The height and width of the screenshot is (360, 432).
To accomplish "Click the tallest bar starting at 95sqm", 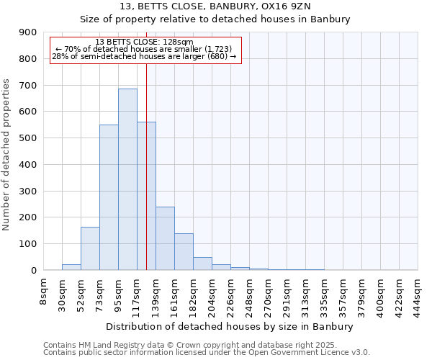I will point(127,179).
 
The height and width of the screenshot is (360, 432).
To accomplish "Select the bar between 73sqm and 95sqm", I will point(109,197).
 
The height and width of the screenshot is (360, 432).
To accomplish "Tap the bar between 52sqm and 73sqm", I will point(90,248).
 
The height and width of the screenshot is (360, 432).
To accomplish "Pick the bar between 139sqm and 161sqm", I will point(165,238).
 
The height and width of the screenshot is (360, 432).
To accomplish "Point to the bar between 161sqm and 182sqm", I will point(184,252).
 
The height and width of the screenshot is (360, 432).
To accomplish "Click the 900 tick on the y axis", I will point(28,32).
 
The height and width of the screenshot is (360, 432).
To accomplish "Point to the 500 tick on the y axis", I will point(28,138).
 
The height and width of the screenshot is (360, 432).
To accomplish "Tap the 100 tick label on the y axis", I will point(28,244).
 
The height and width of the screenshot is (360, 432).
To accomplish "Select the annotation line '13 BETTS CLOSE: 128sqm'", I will point(144,42).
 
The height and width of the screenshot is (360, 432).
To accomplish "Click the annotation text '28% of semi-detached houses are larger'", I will point(144,56).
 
